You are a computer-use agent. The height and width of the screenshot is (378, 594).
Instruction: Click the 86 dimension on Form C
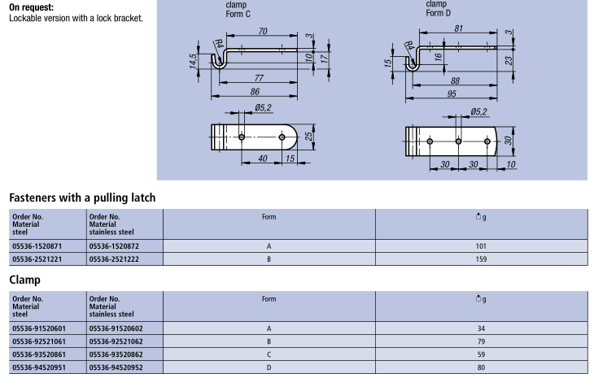[255, 92]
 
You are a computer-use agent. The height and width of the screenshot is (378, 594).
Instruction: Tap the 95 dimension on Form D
[452, 93]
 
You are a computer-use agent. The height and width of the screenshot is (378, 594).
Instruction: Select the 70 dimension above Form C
[263, 31]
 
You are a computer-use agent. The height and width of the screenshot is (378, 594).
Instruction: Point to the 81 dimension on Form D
[458, 28]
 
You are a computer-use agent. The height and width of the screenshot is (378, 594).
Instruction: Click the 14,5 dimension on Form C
[193, 61]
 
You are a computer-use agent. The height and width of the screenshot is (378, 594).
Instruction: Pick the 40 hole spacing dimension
[263, 159]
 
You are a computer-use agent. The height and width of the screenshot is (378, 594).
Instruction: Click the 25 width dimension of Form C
[308, 137]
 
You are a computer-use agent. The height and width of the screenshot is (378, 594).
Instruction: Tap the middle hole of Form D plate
[458, 141]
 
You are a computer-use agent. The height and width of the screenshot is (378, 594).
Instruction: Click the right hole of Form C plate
[282, 137]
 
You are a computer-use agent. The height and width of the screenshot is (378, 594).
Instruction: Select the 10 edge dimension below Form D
[511, 164]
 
